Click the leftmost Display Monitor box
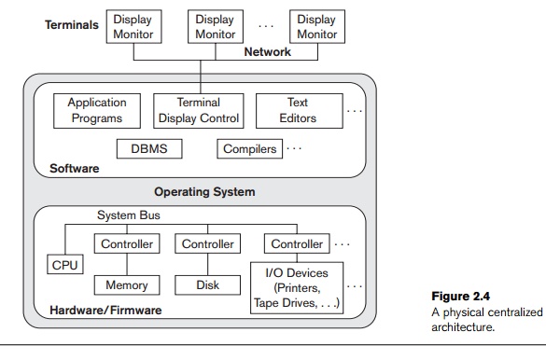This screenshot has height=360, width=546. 134,26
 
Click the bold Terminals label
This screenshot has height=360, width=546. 72,25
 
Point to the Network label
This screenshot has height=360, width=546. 268,53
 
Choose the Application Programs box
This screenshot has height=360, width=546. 97,110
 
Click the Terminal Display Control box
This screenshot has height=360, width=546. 197,110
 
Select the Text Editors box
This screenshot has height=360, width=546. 298,110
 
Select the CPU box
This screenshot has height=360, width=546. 64,264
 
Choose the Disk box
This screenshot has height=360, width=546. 207,284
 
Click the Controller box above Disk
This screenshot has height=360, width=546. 207,244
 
